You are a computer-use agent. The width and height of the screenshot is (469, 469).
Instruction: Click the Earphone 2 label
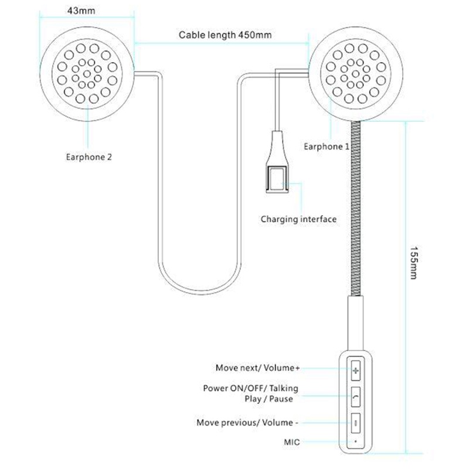click(89, 157)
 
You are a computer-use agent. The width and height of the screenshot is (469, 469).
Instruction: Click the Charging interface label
click(298, 219)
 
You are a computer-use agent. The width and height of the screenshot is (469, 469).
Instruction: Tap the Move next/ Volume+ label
click(257, 368)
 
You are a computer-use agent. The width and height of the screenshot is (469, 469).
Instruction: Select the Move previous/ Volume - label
click(247, 422)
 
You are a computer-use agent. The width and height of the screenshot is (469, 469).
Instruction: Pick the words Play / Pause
click(269, 399)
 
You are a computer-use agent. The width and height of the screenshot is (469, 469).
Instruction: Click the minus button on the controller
click(356, 422)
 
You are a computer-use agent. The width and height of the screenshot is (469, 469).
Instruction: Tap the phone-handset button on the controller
click(356, 397)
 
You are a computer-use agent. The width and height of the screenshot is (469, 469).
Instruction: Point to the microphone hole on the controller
click(355, 440)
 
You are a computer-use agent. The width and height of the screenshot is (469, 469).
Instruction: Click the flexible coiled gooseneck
click(355, 205)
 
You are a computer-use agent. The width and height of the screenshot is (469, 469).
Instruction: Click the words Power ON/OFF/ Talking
click(250, 388)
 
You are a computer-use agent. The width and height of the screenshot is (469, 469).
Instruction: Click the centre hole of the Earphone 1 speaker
click(356, 74)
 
